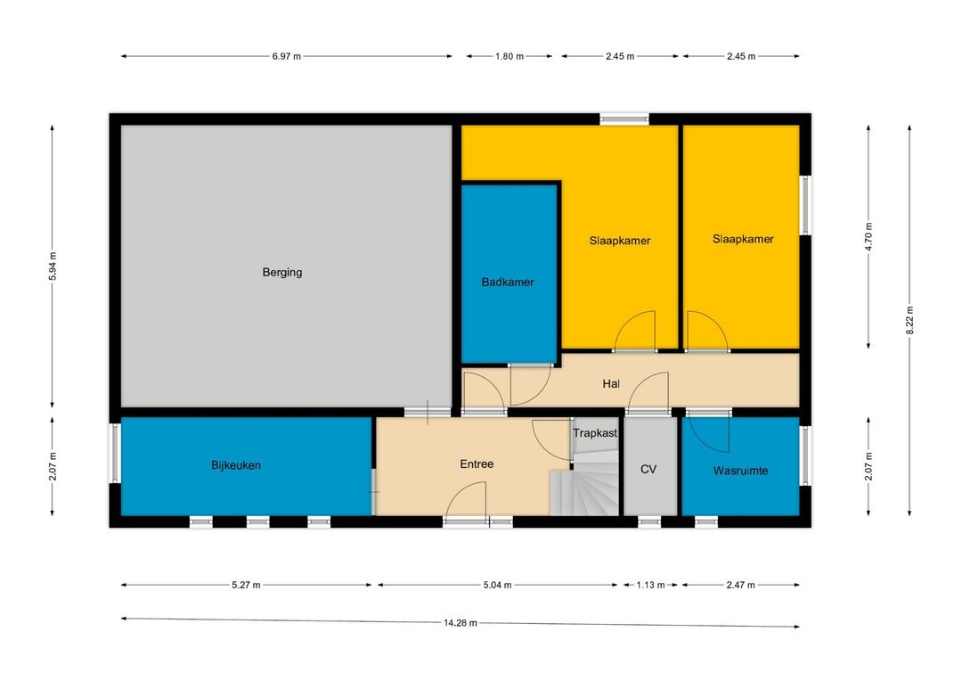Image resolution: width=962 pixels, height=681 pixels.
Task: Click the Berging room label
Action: (x=282, y=272)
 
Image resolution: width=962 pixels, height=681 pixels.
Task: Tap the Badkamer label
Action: (x=508, y=283)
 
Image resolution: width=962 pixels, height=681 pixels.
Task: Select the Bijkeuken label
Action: (x=236, y=465)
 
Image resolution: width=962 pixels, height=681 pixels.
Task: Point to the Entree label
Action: (x=477, y=464)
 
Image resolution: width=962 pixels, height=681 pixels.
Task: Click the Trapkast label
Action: (x=595, y=433)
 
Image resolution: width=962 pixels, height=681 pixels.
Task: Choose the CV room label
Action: (x=648, y=469)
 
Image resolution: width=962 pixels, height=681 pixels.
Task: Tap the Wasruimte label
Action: (x=740, y=471)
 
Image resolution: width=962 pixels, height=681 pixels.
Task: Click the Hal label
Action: (x=611, y=384)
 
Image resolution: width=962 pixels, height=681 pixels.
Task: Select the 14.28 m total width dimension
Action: (x=461, y=623)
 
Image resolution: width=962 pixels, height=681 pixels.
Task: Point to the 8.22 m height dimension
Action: (x=909, y=321)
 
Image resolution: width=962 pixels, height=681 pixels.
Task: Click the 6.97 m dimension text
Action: (x=287, y=56)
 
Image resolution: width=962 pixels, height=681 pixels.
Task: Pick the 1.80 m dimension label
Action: (x=510, y=56)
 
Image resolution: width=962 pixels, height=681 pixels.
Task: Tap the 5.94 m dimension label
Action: (x=53, y=267)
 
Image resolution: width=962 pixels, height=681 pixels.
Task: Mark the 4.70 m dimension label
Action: (x=868, y=236)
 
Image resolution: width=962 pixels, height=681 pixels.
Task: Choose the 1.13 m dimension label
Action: (x=650, y=586)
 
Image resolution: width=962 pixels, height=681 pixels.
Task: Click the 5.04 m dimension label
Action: (x=497, y=586)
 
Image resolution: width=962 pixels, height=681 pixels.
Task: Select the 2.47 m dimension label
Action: (x=740, y=586)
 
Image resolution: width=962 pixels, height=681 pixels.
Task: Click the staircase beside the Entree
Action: (x=586, y=484)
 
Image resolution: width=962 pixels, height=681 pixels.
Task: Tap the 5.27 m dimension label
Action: (x=246, y=586)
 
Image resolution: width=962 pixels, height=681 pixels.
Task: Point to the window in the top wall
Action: (x=624, y=119)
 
